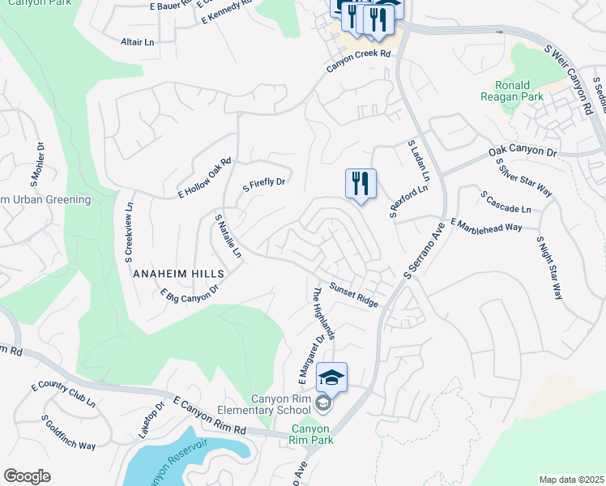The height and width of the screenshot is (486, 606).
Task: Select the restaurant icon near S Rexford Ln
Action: (361, 184)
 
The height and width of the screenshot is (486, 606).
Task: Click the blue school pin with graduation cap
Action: (331, 377)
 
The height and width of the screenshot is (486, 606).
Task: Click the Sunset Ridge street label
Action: (354, 295)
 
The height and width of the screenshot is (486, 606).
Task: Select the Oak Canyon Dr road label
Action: (523, 152)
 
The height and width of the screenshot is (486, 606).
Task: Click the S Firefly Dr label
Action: (265, 185)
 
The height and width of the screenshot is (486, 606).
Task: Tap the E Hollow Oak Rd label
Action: (205, 178)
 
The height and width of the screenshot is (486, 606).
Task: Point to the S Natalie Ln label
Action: (228, 236)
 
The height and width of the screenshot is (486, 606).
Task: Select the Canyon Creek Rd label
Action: (359, 61)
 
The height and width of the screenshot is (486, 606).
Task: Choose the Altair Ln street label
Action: (137, 41)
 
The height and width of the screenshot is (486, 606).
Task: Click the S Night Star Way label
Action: (548, 268)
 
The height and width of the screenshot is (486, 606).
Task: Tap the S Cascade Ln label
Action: (506, 202)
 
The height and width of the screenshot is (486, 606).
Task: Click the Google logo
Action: (27, 476)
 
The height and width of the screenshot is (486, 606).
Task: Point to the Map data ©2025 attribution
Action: (570, 480)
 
